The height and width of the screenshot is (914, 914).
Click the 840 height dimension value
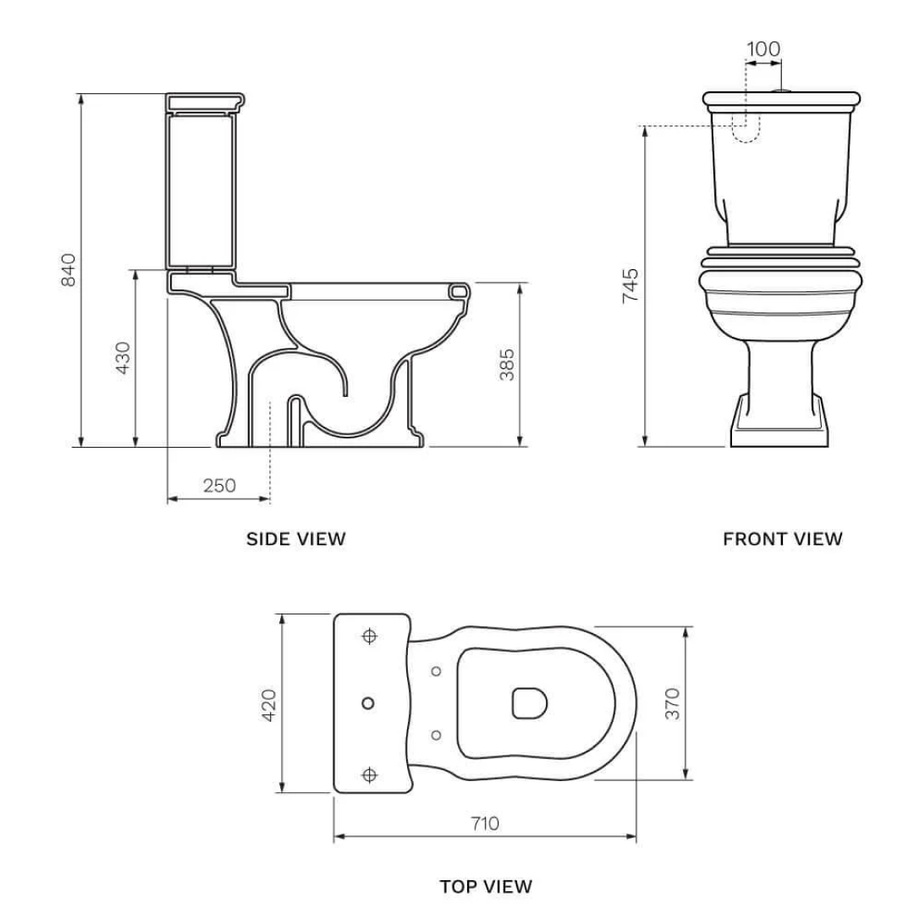[69, 269]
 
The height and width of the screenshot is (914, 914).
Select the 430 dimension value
[124, 358]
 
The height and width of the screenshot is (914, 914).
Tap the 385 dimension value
[506, 364]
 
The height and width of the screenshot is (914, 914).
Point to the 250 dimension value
[219, 485]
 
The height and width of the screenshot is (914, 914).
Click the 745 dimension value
[630, 286]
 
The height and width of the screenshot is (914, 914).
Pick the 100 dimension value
[763, 49]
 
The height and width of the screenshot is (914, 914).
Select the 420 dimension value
[268, 704]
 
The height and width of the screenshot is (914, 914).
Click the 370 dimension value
[672, 703]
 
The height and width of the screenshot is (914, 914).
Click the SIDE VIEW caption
[295, 538]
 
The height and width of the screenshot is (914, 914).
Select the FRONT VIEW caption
[782, 538]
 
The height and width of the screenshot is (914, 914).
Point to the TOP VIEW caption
[486, 886]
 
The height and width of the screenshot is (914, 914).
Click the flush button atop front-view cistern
[783, 89]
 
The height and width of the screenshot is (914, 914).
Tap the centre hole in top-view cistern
[368, 703]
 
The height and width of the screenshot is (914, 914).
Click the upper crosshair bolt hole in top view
[369, 635]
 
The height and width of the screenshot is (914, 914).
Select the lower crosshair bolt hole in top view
[369, 774]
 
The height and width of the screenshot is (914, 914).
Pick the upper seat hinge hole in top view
[436, 672]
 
